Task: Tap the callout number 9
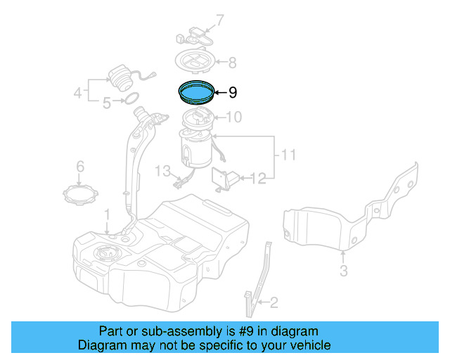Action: tap(233, 92)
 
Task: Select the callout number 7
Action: tap(219, 20)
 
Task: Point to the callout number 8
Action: tap(232, 62)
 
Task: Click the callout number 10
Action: tap(234, 117)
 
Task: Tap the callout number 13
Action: tap(163, 171)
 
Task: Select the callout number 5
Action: tap(107, 103)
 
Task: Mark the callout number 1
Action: tap(107, 213)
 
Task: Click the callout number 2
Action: tap(274, 303)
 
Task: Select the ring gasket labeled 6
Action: tap(79, 192)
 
